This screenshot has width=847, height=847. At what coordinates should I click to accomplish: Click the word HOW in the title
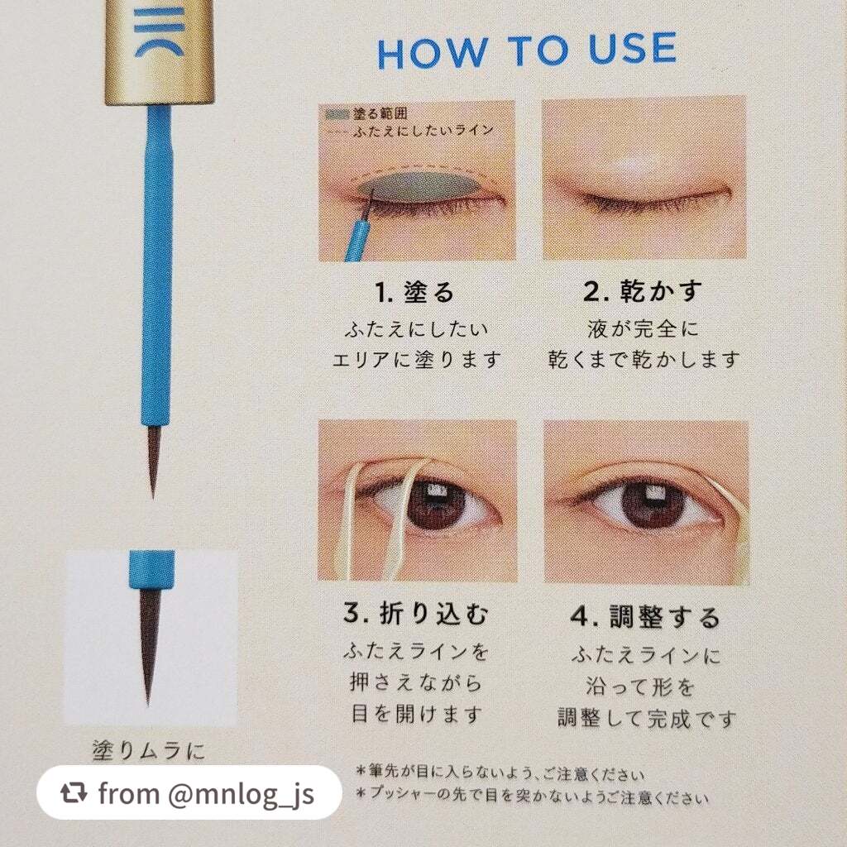click(x=432, y=53)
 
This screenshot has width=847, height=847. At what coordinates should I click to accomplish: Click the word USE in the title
click(x=632, y=49)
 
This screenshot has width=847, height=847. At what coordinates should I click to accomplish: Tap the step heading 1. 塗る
click(x=414, y=292)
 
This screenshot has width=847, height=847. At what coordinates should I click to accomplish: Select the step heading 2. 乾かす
click(x=642, y=291)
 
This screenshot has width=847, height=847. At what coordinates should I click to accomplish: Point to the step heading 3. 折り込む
click(x=415, y=613)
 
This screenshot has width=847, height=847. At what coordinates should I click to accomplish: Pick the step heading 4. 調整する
click(x=645, y=616)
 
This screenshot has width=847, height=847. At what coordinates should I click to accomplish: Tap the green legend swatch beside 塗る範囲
click(x=337, y=114)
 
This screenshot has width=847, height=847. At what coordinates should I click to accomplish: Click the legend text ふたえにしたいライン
click(x=423, y=131)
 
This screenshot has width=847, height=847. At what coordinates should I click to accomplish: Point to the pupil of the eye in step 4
click(x=653, y=505)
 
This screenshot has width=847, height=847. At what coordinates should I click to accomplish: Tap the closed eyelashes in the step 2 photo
click(x=648, y=202)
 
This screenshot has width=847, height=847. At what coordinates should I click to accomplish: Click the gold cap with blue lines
click(x=159, y=51)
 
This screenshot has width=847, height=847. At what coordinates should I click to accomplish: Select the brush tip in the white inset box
click(x=147, y=645)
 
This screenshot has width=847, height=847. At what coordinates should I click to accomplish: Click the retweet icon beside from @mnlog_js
click(x=73, y=792)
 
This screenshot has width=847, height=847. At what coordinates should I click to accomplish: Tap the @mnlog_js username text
click(x=241, y=793)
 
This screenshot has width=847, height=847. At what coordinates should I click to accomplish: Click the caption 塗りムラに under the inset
click(x=148, y=750)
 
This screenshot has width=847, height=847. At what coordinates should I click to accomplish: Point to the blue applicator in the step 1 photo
click(x=357, y=236)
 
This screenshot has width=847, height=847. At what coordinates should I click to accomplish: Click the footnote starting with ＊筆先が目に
click(x=499, y=773)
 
